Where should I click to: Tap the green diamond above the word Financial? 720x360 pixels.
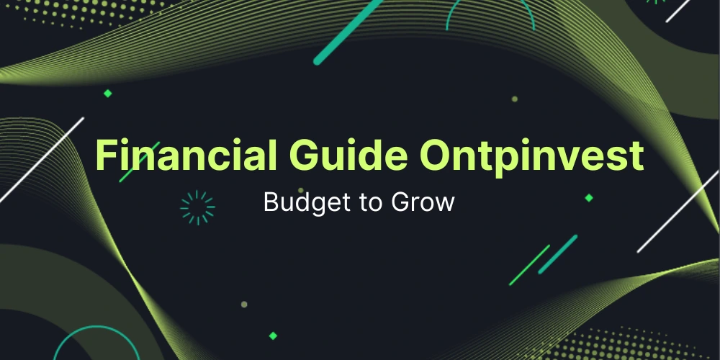(x=108, y=93)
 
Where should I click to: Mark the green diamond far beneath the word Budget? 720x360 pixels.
(x=273, y=335)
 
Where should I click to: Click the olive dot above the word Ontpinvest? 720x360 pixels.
(x=514, y=99)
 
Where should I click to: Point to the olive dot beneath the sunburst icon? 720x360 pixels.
(x=244, y=304)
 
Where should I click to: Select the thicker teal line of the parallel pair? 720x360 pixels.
(x=558, y=253)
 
